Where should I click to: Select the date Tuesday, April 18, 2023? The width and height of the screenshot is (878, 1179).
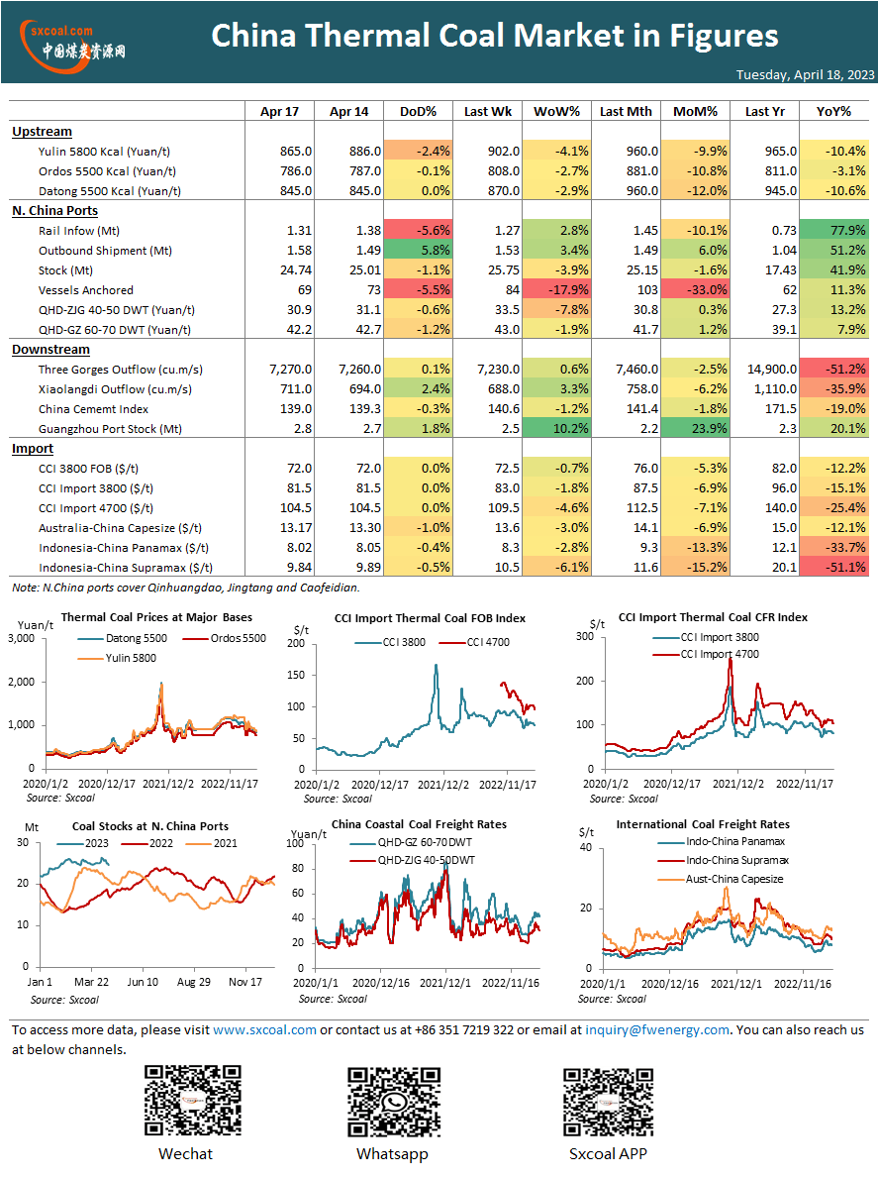pyautogui.click(x=805, y=74)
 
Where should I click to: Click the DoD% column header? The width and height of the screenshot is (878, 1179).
pyautogui.click(x=419, y=111)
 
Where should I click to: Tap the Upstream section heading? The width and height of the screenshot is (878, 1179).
pyautogui.click(x=42, y=132)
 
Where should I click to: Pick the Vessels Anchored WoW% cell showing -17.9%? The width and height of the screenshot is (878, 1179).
pyautogui.click(x=556, y=290)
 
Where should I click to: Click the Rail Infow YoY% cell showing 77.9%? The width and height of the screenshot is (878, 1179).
pyautogui.click(x=833, y=231)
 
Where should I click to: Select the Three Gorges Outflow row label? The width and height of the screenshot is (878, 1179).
pyautogui.click(x=120, y=370)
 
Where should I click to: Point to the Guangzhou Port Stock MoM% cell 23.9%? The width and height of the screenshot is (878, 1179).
pyautogui.click(x=696, y=429)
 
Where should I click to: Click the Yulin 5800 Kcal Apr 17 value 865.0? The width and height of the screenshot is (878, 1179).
pyautogui.click(x=296, y=152)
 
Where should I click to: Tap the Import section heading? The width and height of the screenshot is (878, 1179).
pyautogui.click(x=33, y=449)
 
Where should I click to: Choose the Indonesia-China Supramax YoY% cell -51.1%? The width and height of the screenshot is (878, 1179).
pyautogui.click(x=833, y=568)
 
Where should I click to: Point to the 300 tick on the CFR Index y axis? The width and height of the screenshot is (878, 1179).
pyautogui.click(x=584, y=636)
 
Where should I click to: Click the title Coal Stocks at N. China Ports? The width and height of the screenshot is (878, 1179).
pyautogui.click(x=150, y=826)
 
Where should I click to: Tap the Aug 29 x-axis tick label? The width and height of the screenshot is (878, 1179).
pyautogui.click(x=194, y=982)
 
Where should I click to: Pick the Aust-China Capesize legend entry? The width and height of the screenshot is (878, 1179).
pyautogui.click(x=721, y=879)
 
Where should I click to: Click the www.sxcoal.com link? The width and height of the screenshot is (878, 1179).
pyautogui.click(x=264, y=1030)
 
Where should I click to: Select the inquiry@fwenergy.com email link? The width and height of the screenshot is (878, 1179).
pyautogui.click(x=657, y=1030)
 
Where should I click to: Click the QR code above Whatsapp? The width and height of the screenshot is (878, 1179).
pyautogui.click(x=394, y=1102)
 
